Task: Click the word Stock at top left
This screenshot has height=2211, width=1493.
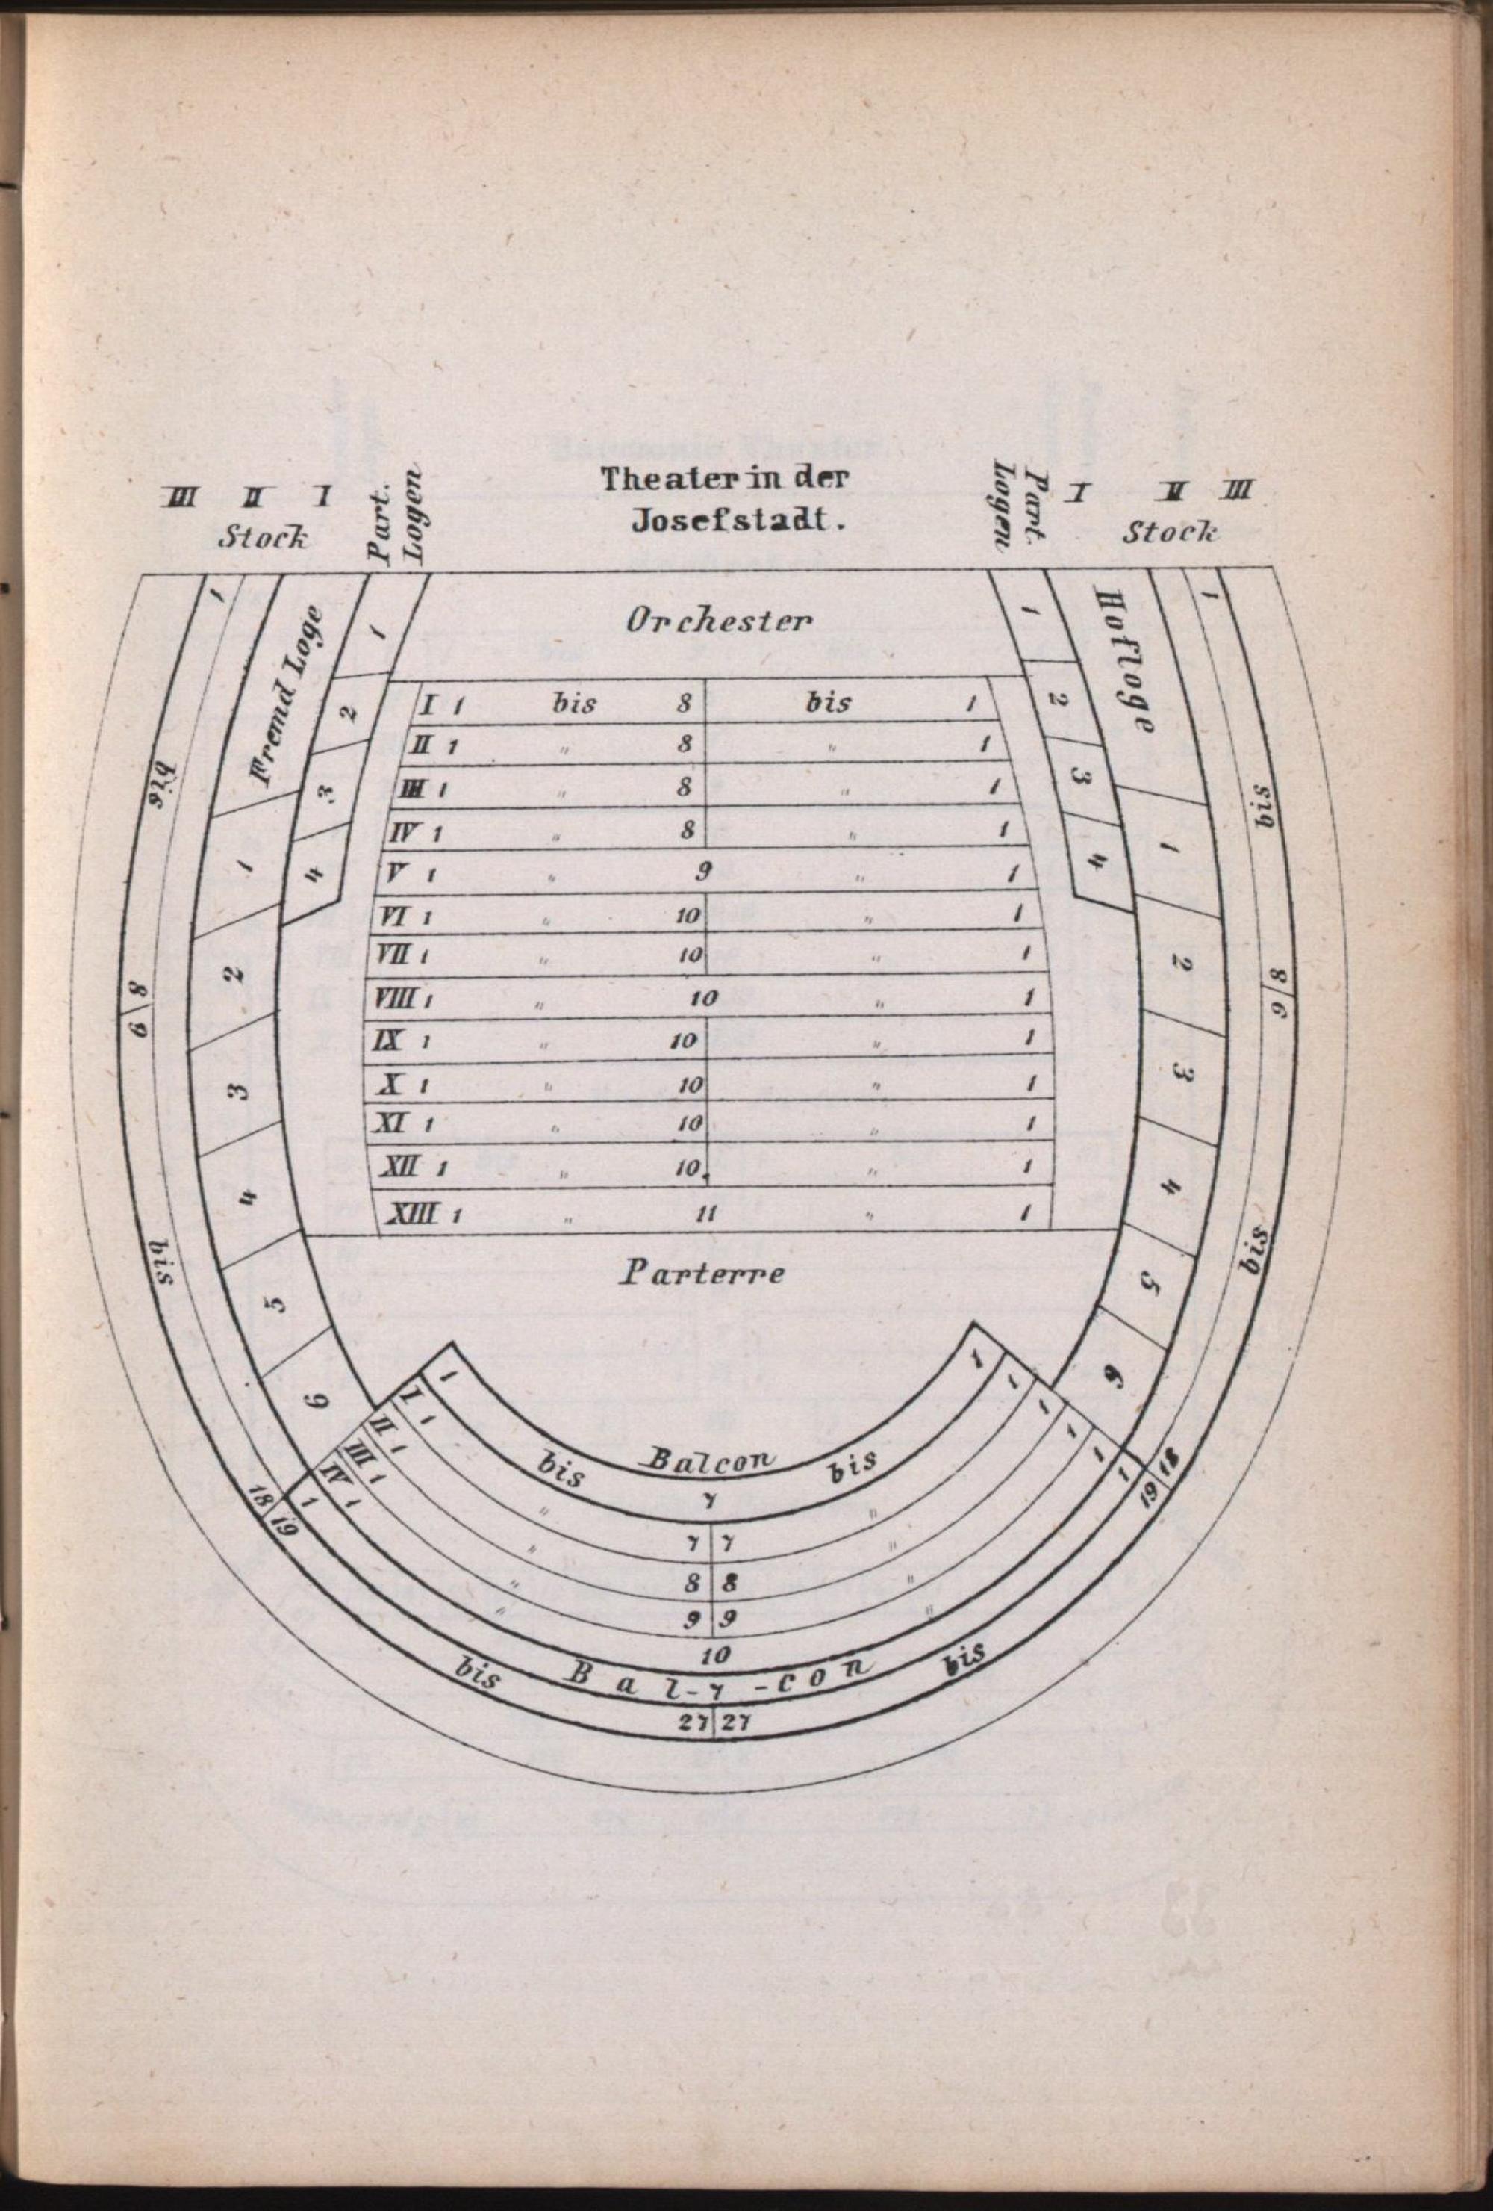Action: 264,539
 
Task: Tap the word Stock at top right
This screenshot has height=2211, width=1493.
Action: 1170,531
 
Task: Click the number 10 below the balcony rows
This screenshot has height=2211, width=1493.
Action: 715,1655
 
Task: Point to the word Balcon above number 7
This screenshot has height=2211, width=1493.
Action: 711,1460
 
